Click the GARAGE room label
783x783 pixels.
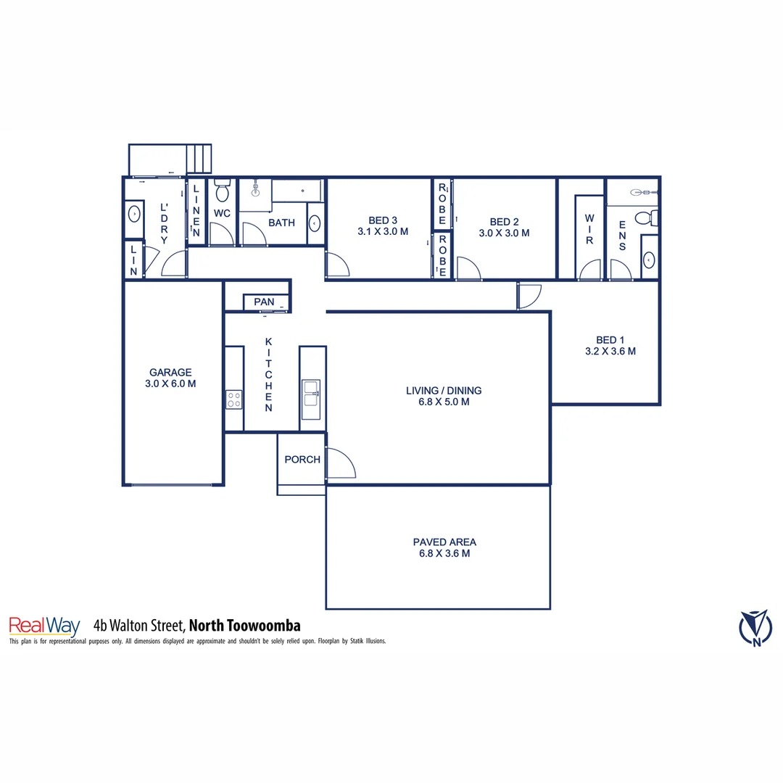click(170, 372)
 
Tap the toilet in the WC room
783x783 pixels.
click(222, 191)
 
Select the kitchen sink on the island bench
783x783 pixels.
click(311, 393)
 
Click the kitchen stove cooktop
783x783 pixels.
click(233, 399)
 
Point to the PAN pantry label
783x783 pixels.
click(264, 302)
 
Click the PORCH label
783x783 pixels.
click(302, 459)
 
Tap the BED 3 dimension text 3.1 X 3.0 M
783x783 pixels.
click(383, 232)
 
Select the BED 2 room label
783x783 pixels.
click(504, 222)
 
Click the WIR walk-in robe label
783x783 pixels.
click(589, 228)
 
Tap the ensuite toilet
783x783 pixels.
click(645, 217)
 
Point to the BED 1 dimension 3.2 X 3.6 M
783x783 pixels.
click(610, 351)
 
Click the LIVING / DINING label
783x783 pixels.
click(444, 391)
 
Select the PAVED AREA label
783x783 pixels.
click(444, 542)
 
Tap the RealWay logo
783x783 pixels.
click(43, 625)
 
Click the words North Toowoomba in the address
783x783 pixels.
click(246, 625)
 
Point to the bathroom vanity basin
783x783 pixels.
click(315, 223)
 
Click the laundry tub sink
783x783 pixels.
click(133, 215)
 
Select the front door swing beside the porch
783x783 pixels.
click(339, 464)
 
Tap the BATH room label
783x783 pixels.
click(281, 223)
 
